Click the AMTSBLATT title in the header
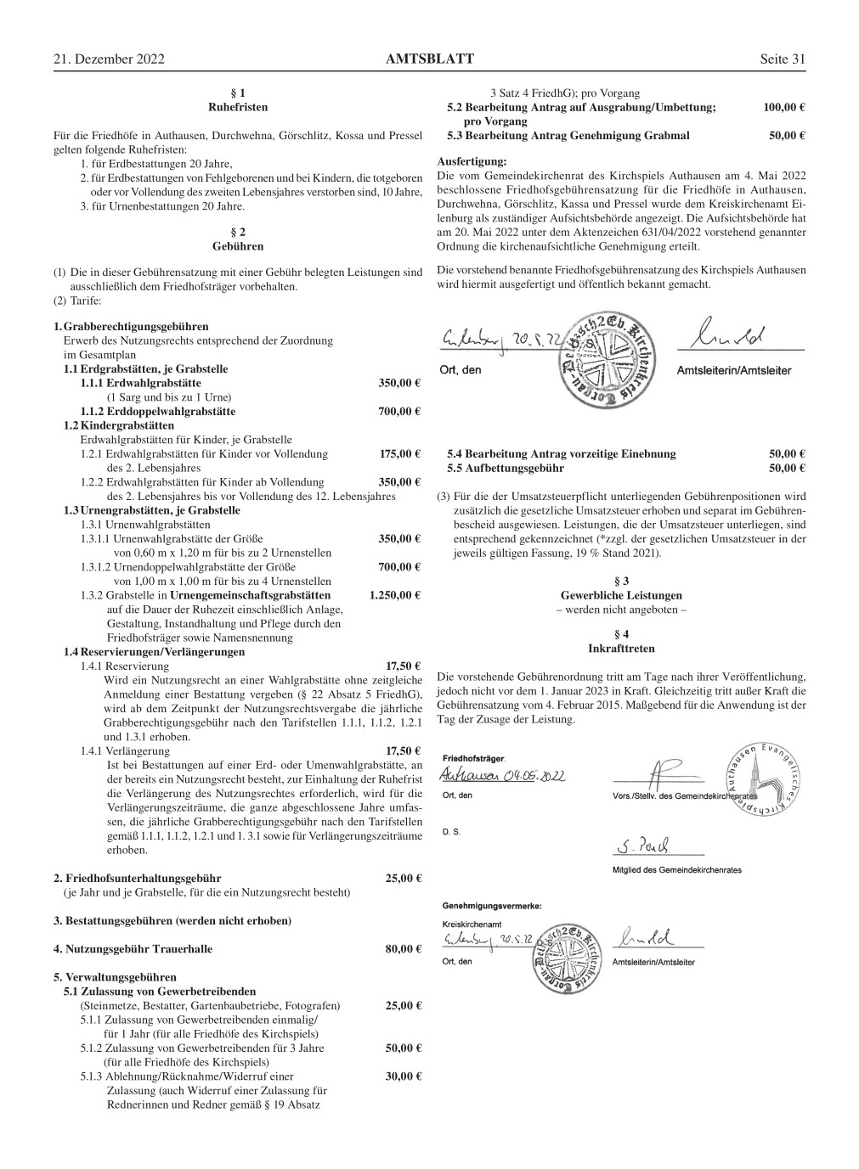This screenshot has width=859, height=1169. (x=429, y=59)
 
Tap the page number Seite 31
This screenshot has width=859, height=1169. (x=782, y=59)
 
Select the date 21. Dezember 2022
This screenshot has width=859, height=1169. (x=108, y=59)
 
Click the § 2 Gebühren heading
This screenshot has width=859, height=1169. (x=238, y=239)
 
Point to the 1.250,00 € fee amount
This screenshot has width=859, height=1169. (x=395, y=595)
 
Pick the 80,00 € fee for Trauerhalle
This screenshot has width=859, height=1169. (x=404, y=948)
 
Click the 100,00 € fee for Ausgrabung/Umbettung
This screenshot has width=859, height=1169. (x=783, y=108)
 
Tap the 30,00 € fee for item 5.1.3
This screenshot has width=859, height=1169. (x=404, y=1076)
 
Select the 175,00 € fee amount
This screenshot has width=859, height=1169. (x=400, y=453)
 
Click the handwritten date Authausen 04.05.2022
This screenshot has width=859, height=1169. (x=502, y=776)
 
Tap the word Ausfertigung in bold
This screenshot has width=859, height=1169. (x=471, y=161)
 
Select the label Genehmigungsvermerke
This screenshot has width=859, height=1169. (x=492, y=906)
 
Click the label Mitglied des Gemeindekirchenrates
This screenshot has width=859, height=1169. (x=676, y=870)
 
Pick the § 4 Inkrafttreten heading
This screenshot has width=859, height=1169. (x=620, y=641)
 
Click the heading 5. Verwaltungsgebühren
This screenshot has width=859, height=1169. (x=115, y=977)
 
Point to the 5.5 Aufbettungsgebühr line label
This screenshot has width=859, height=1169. (x=506, y=468)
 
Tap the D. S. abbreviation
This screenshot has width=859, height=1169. (x=451, y=832)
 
